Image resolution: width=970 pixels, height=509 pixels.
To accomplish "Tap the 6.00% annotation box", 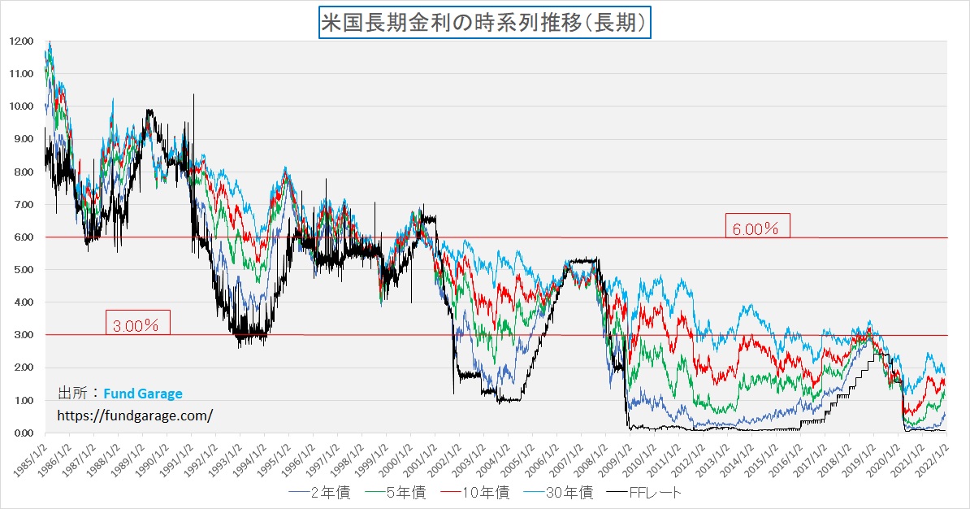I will click(756, 228).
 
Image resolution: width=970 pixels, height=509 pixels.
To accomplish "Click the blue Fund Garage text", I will click(143, 394).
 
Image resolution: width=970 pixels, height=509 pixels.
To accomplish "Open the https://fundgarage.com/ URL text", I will click(135, 415).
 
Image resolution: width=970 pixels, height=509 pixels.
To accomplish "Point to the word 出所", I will click(72, 394).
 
